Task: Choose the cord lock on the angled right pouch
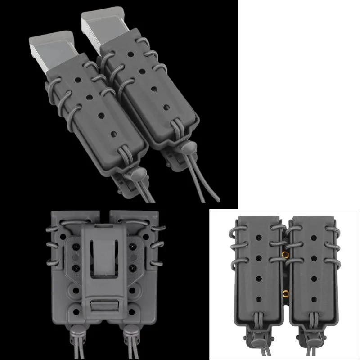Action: point(188,148)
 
